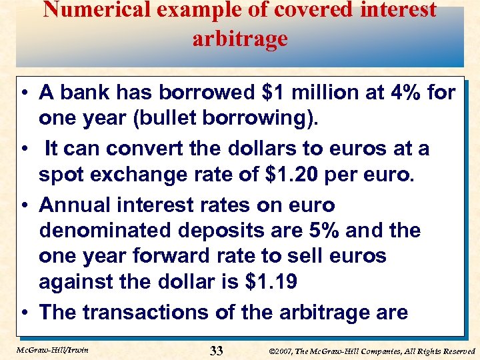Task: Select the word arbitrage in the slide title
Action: (x=240, y=39)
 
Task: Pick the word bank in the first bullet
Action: (x=84, y=92)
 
